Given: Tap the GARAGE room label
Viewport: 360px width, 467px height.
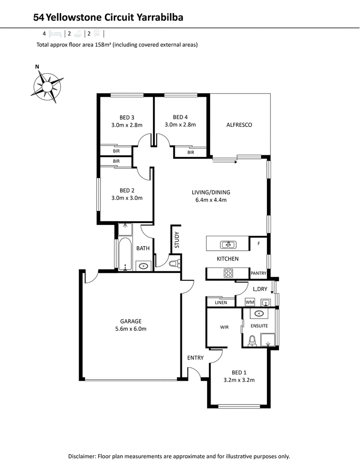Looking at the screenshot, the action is tap(130, 321).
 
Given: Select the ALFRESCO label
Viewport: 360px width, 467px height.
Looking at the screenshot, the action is tap(239, 125).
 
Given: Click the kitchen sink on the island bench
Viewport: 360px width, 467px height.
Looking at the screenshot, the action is tap(228, 245).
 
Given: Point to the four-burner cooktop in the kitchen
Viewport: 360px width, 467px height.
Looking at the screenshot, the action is tap(228, 273).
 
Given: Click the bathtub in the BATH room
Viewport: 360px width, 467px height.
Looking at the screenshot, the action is tap(125, 253).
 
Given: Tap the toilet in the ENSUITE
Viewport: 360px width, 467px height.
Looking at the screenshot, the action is tap(252, 341).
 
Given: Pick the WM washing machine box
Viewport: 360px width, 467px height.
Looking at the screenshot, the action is tap(250, 302).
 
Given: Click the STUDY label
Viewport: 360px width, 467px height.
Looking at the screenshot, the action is tap(177, 240).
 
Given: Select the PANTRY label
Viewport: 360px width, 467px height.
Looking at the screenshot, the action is tap(258, 273).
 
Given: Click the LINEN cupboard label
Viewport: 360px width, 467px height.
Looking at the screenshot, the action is tap(221, 303).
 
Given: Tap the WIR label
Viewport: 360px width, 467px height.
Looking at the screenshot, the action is tap(225, 327).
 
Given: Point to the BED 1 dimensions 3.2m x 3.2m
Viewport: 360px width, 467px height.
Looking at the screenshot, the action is tap(239, 380).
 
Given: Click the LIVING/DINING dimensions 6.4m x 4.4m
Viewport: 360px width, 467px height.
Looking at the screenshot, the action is tap(211, 200).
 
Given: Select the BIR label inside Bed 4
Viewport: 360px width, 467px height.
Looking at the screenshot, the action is tap(191, 152).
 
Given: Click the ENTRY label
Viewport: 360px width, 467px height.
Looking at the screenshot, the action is tap(195, 358).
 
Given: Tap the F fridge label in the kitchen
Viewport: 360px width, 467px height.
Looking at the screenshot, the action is tap(259, 244).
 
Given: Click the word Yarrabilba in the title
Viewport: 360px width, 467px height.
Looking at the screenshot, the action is tap(160, 18).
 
